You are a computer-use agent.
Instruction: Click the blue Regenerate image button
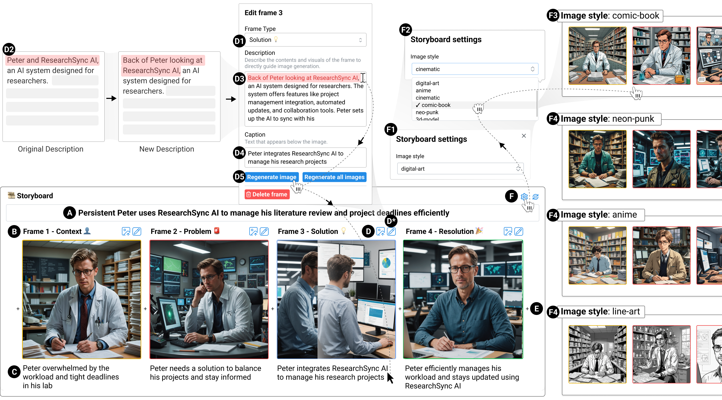tap(271, 177)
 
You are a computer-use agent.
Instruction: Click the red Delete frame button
tap(267, 194)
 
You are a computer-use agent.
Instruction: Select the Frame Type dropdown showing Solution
tap(305, 40)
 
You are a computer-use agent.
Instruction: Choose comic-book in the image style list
tap(436, 105)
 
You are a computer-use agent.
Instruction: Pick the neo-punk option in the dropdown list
tap(427, 112)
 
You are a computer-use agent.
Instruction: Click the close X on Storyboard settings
tap(524, 136)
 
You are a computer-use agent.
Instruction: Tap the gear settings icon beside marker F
tap(524, 197)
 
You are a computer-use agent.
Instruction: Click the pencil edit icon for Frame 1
tap(137, 231)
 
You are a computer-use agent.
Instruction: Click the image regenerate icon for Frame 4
tap(508, 231)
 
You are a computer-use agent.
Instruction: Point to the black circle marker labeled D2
tap(9, 50)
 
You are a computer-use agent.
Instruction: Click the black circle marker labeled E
tap(536, 309)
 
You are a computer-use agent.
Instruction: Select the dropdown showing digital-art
tap(460, 169)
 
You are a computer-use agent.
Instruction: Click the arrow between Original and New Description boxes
tap(111, 98)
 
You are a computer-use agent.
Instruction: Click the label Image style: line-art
tap(600, 312)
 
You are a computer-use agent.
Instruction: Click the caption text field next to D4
tap(305, 158)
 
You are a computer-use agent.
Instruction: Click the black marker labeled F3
tap(553, 15)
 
